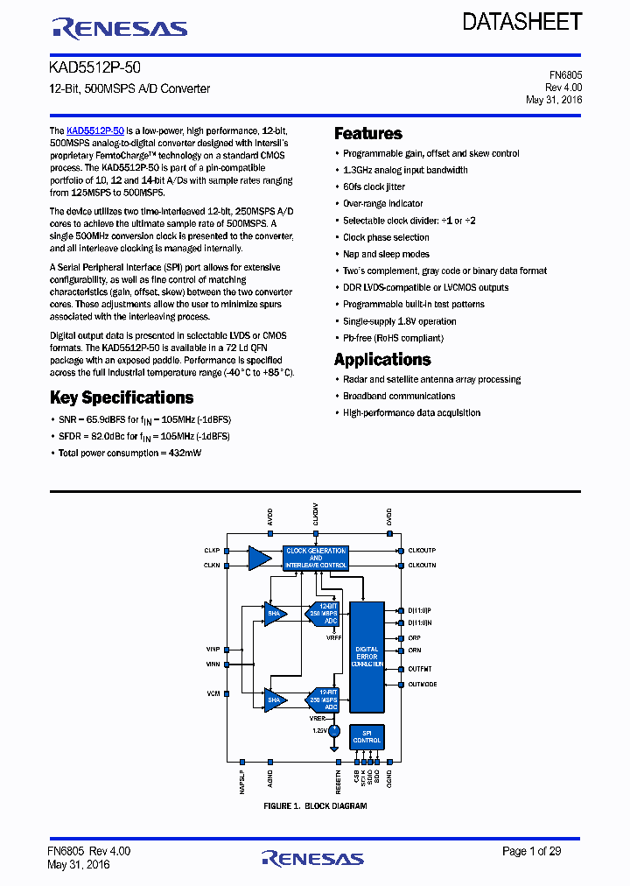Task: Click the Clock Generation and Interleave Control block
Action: click(315, 558)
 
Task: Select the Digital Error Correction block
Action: click(367, 657)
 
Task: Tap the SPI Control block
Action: click(367, 737)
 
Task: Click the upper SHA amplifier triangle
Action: click(274, 613)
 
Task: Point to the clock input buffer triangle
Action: click(259, 558)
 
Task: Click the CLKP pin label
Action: click(212, 551)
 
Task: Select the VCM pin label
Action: click(213, 693)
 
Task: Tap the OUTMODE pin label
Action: click(423, 684)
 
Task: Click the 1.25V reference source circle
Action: click(333, 729)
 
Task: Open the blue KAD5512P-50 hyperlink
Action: click(95, 130)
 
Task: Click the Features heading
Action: click(368, 134)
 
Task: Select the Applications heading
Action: click(382, 360)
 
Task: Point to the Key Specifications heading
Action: click(122, 397)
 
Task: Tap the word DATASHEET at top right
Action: click(521, 22)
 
